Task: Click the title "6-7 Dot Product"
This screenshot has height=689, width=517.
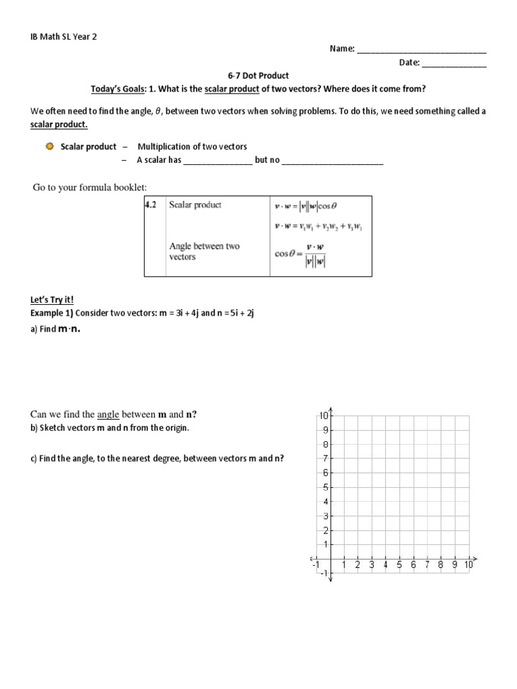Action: click(x=259, y=76)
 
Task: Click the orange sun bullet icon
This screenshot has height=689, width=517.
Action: click(x=49, y=146)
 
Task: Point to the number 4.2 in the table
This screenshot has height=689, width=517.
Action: click(x=151, y=205)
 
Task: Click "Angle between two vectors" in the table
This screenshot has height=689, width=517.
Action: click(x=204, y=252)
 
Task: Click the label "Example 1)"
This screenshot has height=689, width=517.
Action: click(x=51, y=313)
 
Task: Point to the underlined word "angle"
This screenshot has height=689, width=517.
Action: click(x=108, y=414)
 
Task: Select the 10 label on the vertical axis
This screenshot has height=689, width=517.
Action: click(x=322, y=416)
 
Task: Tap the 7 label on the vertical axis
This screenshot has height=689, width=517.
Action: click(x=324, y=458)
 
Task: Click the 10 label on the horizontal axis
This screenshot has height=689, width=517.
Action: click(x=468, y=565)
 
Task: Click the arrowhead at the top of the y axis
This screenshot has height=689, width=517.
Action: click(x=331, y=411)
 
